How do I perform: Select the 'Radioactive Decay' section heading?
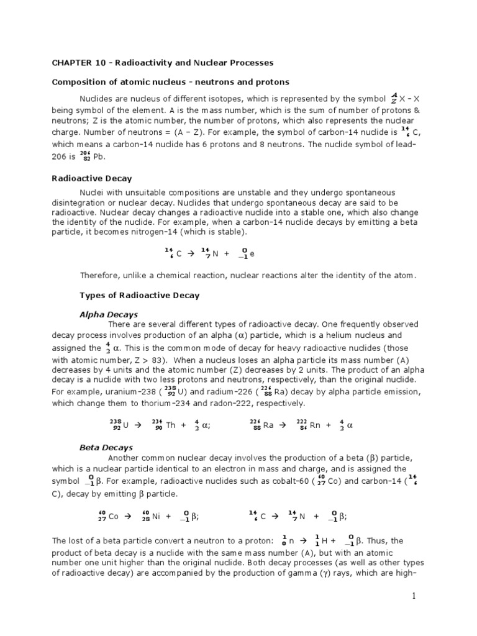[91, 178]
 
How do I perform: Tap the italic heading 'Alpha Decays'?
[109, 315]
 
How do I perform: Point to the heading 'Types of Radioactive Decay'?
[140, 296]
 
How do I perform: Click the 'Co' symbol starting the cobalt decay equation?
[114, 517]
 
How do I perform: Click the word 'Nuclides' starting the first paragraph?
[96, 98]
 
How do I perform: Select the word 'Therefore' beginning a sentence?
[101, 275]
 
